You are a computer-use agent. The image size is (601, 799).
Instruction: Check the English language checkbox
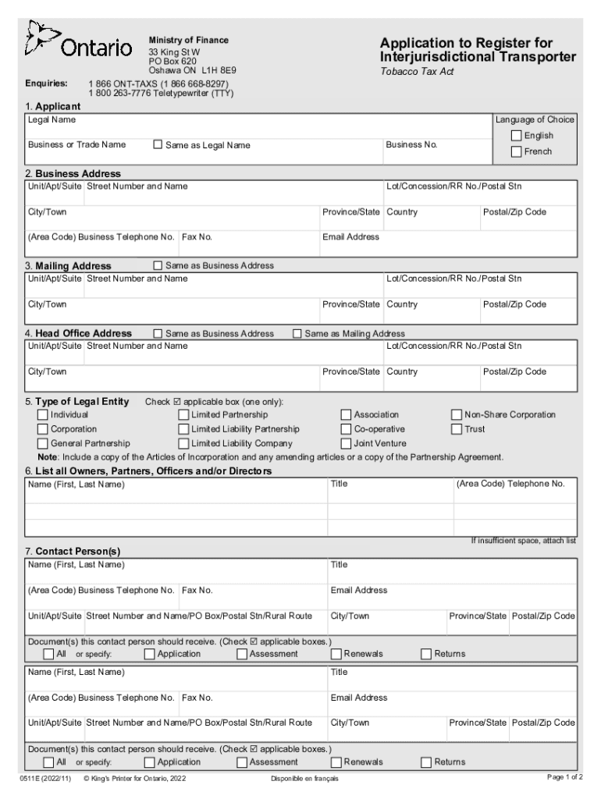pos(516,136)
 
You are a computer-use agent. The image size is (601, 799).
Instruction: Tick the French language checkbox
pos(516,151)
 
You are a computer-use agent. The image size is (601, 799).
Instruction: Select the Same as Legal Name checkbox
pos(158,144)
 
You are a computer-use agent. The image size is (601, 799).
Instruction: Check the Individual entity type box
pos(42,415)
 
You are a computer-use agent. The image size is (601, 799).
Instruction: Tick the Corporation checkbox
pos(42,429)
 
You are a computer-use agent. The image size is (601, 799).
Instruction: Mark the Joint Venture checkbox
pos(346,443)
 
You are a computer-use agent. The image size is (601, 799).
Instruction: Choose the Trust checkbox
pos(457,429)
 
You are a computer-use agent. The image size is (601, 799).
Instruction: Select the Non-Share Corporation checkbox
pos(457,415)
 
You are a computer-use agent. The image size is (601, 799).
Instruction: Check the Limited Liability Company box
pos(183,443)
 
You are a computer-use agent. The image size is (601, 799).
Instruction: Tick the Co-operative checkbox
pos(346,429)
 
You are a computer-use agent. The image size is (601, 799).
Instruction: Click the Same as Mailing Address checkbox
pos(297,333)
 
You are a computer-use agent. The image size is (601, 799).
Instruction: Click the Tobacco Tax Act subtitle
pos(416,72)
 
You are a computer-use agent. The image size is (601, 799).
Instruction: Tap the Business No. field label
pos(412,144)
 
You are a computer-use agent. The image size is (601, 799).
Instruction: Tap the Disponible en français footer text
pos(304,779)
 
